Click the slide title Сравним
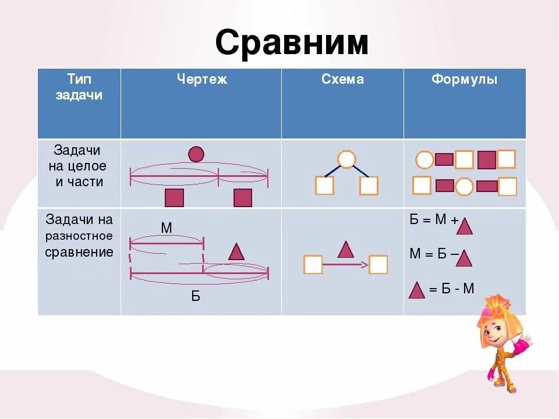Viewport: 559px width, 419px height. click(x=292, y=43)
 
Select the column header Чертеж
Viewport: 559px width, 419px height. click(x=201, y=80)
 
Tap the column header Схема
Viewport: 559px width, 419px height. click(x=342, y=80)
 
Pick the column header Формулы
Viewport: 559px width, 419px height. click(x=464, y=80)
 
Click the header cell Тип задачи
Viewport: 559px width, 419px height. click(x=79, y=87)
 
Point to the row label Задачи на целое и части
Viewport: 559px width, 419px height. click(x=79, y=166)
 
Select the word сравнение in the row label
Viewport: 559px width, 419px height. click(x=79, y=252)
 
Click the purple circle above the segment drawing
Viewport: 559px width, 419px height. click(x=196, y=154)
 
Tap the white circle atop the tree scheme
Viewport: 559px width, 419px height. click(x=346, y=159)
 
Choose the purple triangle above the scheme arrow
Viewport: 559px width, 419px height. click(x=346, y=250)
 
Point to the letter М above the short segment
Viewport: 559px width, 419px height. click(x=167, y=228)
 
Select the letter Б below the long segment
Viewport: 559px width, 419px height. click(x=196, y=297)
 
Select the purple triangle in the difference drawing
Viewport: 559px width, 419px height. click(x=236, y=252)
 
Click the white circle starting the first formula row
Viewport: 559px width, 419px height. click(x=424, y=159)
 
